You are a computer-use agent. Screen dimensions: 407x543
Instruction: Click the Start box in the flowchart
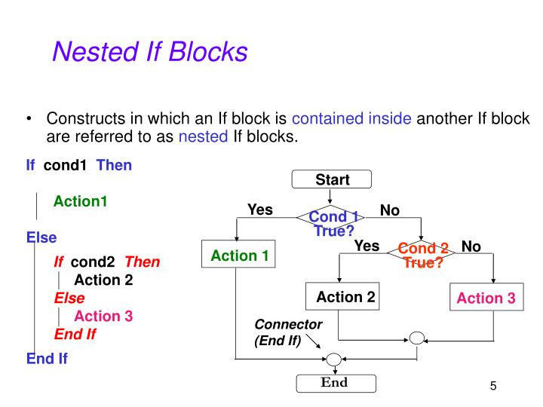coord(333,180)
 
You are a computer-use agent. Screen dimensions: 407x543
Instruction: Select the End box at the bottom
coord(334,383)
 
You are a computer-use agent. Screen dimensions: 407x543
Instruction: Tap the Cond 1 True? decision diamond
coord(333,219)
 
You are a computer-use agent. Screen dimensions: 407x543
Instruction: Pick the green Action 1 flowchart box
coord(239,256)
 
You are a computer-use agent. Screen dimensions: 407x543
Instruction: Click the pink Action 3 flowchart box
coord(486,298)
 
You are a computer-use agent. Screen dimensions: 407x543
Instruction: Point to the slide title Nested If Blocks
coord(149,52)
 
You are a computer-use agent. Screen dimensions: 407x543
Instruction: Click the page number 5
coord(493,387)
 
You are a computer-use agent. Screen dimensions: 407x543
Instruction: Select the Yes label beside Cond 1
coord(260,210)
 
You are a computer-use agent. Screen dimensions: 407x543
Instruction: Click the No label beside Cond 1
coord(390,210)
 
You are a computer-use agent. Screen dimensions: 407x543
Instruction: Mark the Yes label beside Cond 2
coord(367,246)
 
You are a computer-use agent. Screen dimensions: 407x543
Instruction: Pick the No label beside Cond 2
coord(471,246)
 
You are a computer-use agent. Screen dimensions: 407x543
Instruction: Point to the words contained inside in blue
coord(351,119)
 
